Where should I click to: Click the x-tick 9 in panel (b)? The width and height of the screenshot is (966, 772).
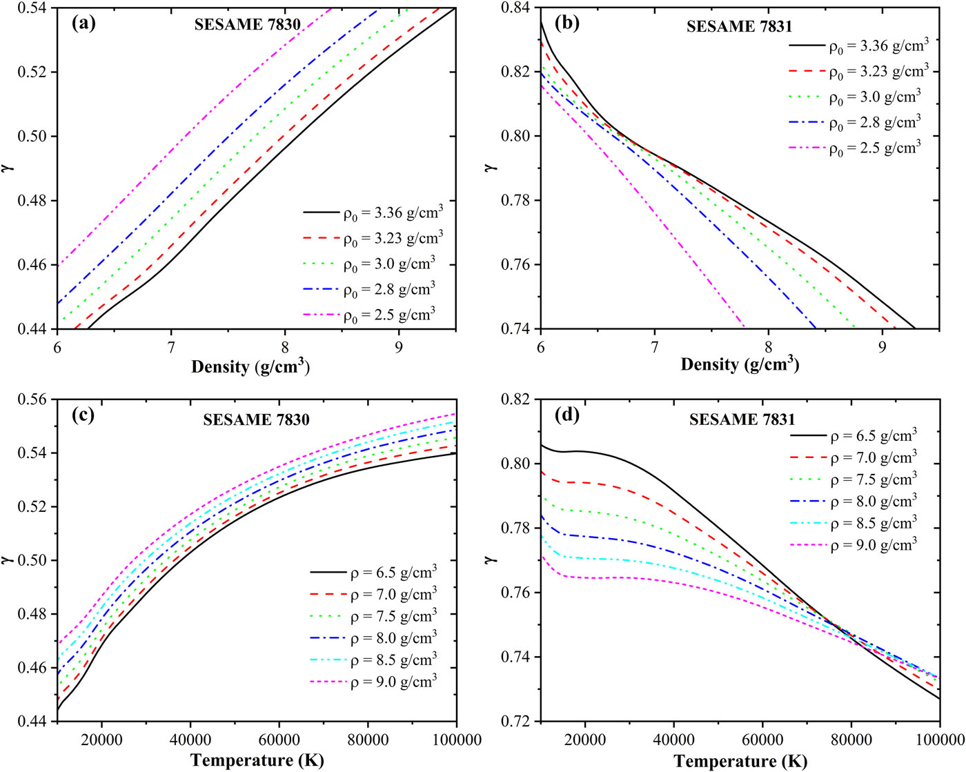(x=882, y=344)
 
